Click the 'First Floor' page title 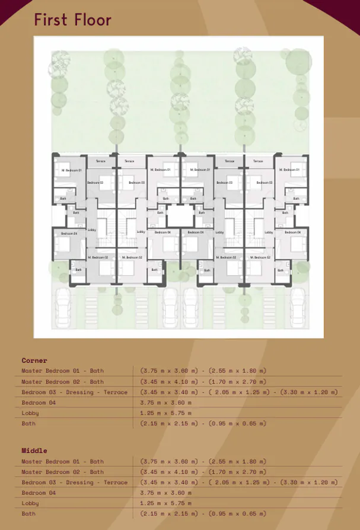(x=72, y=20)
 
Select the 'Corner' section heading (x=34, y=360)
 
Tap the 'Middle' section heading (x=34, y=451)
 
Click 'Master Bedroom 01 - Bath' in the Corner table (x=62, y=371)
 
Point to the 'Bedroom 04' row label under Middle (x=39, y=493)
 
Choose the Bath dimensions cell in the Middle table (x=203, y=513)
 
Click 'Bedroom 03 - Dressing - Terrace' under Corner (x=74, y=392)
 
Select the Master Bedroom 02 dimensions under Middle (x=203, y=472)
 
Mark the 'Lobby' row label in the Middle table (x=30, y=503)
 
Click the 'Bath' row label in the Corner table (x=28, y=423)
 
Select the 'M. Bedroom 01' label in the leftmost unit (x=71, y=170)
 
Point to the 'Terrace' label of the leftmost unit (x=101, y=161)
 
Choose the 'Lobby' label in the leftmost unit (x=92, y=230)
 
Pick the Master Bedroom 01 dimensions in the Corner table (x=203, y=371)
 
